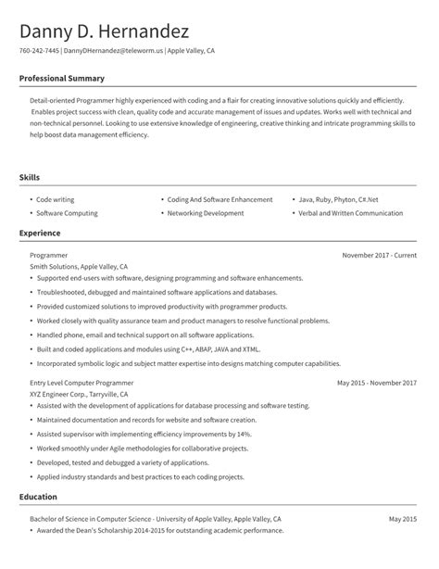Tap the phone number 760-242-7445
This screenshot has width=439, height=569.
pyautogui.click(x=39, y=51)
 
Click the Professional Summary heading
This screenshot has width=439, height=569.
pyautogui.click(x=62, y=79)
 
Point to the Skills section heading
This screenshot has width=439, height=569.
pyautogui.click(x=30, y=176)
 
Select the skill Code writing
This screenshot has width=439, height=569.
pyautogui.click(x=56, y=199)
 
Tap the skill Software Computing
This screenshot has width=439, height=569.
pyautogui.click(x=65, y=212)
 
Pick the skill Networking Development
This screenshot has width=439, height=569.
pyautogui.click(x=206, y=212)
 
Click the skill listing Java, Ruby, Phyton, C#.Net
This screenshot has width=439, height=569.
pyautogui.click(x=338, y=199)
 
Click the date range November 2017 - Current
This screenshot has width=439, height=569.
pyautogui.click(x=379, y=254)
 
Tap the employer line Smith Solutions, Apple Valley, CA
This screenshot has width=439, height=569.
pyautogui.click(x=80, y=266)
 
